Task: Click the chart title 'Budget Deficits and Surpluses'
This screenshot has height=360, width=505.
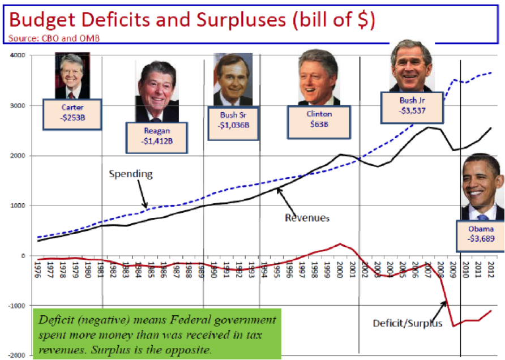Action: pyautogui.click(x=192, y=20)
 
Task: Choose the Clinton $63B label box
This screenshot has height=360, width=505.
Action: pyautogui.click(x=319, y=120)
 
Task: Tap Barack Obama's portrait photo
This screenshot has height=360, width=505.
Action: pyautogui.click(x=481, y=187)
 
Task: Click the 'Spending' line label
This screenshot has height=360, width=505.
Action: pyautogui.click(x=131, y=174)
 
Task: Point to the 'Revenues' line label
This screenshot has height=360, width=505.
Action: pyautogui.click(x=307, y=216)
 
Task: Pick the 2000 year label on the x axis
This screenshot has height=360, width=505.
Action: pyautogui.click(x=339, y=269)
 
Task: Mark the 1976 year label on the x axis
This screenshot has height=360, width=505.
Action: pyautogui.click(x=37, y=269)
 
